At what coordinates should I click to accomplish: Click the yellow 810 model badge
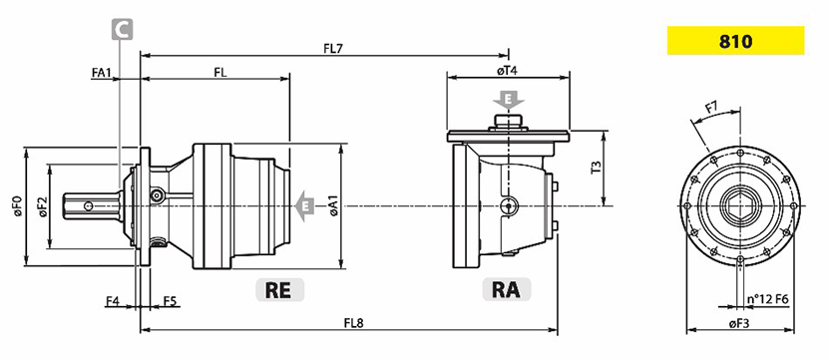(x=735, y=41)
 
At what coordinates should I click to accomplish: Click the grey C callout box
(x=122, y=30)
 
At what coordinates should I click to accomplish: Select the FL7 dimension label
(x=334, y=49)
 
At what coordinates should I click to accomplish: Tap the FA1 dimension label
(x=102, y=73)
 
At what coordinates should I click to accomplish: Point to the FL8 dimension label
(x=355, y=322)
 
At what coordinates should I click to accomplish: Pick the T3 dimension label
(x=596, y=168)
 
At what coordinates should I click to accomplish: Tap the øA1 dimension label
(x=334, y=205)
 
